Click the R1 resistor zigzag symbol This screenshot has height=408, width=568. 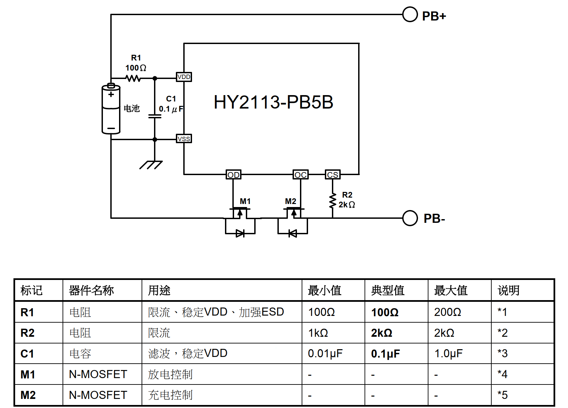tap(134, 78)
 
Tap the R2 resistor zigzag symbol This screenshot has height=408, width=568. tap(333, 201)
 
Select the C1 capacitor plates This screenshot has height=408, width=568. tap(155, 116)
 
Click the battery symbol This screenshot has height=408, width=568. tap(111, 109)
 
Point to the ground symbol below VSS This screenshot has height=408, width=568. tap(151, 165)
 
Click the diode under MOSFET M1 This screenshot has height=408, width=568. tap(240, 233)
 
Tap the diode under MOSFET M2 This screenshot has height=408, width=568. tap(293, 233)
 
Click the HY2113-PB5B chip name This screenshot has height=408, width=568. tap(273, 102)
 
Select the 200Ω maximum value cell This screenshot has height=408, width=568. tap(448, 312)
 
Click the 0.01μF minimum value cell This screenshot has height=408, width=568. tap(325, 353)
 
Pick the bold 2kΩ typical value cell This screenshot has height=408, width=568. tap(382, 333)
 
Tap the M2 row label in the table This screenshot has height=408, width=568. tap(28, 395)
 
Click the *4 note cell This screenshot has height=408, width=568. tap(502, 374)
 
